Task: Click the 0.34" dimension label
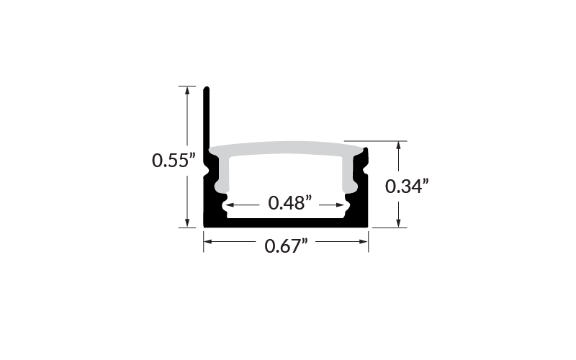click(x=407, y=186)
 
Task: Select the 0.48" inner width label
click(x=290, y=203)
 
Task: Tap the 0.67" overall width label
click(x=286, y=246)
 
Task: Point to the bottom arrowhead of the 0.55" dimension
click(x=187, y=223)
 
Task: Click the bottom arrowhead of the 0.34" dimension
click(x=398, y=223)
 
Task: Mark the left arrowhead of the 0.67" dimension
click(x=208, y=242)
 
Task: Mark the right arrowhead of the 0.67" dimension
click(x=364, y=242)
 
